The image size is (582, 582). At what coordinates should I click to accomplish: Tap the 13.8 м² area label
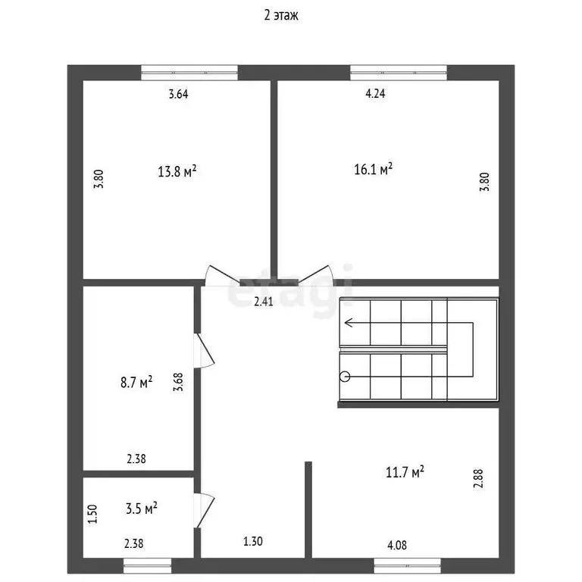click(177, 171)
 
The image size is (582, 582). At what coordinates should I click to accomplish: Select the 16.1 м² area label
click(373, 169)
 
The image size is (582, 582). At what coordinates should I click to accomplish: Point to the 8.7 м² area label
click(136, 382)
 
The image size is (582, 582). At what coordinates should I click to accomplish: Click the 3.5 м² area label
click(142, 508)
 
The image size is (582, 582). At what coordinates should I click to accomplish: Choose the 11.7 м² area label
click(405, 472)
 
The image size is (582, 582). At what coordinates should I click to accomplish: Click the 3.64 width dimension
click(178, 95)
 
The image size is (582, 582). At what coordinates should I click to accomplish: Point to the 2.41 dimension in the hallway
click(263, 302)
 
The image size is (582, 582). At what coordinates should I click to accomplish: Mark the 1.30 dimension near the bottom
click(253, 542)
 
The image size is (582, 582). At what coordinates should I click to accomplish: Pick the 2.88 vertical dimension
click(477, 479)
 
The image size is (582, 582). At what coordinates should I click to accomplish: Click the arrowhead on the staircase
click(349, 322)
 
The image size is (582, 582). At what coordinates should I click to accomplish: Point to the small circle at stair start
click(345, 375)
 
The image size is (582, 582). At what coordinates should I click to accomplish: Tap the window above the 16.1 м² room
click(398, 73)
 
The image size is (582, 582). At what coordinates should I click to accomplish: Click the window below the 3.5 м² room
click(148, 565)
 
